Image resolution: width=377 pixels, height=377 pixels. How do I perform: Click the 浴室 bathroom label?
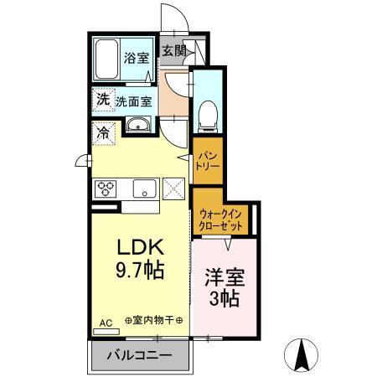[137, 59]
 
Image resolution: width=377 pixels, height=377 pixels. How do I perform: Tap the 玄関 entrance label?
[173, 50]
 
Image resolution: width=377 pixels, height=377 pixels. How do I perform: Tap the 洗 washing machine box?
[102, 100]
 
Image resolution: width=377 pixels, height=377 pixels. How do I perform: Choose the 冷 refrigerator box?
[103, 132]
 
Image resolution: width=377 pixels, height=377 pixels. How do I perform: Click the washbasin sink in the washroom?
[138, 127]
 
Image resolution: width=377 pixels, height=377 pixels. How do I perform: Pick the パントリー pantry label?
[207, 160]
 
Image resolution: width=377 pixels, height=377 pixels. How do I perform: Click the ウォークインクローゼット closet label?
[221, 220]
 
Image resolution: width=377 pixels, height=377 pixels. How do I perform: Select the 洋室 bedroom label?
[222, 277]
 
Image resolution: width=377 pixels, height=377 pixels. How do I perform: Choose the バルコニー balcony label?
[140, 355]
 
